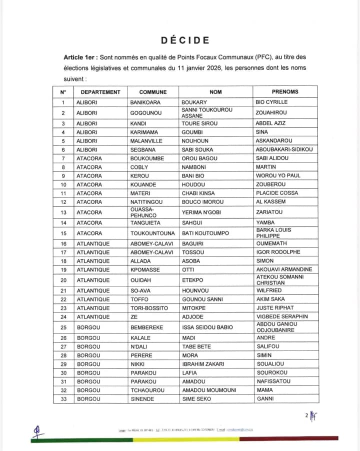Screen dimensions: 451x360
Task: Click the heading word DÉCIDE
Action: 185,40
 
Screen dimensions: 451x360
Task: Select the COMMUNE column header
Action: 152,92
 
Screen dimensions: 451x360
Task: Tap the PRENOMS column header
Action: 284,92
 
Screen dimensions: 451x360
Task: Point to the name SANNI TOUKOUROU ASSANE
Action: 206,113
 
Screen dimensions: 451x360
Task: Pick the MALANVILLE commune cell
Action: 146,141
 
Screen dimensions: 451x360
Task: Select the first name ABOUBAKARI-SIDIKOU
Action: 284,149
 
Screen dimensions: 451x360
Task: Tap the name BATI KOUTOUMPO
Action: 205,233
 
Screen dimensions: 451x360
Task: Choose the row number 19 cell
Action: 63,269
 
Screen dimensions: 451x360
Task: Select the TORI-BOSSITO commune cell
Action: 149,308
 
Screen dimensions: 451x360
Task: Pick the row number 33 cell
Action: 63,399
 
